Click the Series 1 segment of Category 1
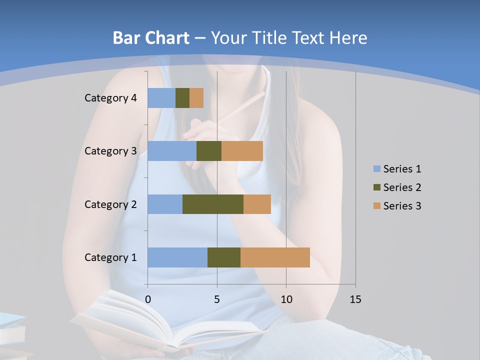[177, 257]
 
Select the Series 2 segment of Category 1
[224, 257]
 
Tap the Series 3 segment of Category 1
[275, 257]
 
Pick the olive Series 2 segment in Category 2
[213, 204]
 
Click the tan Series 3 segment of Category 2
[257, 204]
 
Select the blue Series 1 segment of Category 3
[172, 151]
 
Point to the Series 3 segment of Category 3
[242, 151]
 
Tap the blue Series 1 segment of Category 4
[161, 98]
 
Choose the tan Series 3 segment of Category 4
[196, 98]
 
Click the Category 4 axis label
[110, 98]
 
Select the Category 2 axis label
[110, 204]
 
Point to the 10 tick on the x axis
[286, 299]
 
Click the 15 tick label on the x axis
[355, 299]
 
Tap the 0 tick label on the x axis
[148, 299]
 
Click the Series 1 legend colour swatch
[377, 169]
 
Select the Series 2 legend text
[402, 187]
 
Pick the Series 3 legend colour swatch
[377, 206]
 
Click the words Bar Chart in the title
[151, 38]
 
